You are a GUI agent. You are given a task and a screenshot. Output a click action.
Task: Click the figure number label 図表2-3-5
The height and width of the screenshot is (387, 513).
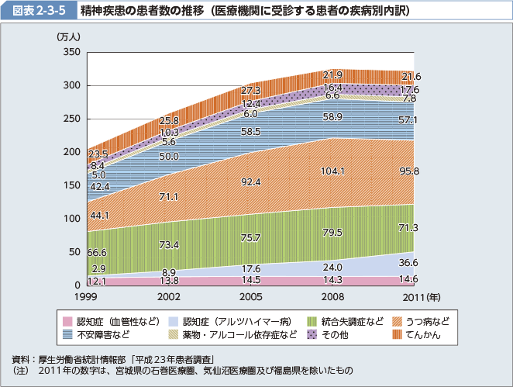36,11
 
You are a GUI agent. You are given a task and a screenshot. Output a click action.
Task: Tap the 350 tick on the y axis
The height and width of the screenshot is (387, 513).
72,52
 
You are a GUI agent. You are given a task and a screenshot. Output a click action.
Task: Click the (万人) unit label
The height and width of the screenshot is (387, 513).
67,36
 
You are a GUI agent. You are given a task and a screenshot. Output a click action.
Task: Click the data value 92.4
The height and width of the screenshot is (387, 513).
250,182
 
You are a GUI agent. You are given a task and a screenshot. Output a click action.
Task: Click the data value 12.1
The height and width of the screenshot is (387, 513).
98,280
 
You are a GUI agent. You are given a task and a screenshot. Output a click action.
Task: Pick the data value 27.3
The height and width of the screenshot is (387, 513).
251,91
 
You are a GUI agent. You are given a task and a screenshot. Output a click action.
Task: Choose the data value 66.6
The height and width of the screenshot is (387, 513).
98,253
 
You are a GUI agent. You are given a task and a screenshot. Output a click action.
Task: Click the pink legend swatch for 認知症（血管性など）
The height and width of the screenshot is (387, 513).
67,321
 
